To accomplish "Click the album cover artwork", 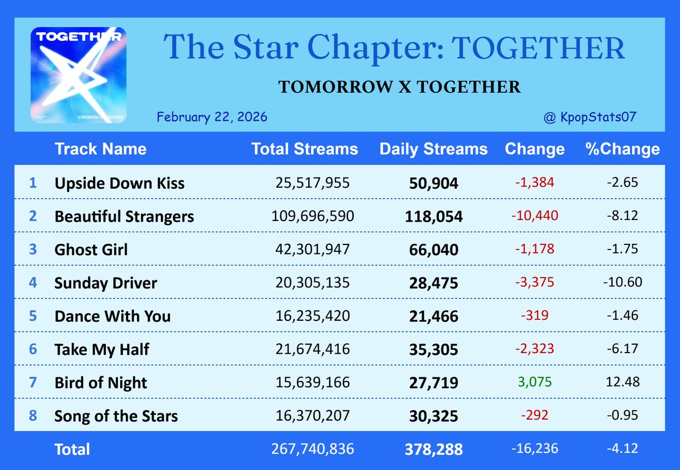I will [x=78, y=74].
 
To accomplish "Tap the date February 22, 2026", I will [x=212, y=117].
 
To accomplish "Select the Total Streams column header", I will [x=304, y=149].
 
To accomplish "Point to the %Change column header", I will [x=622, y=149].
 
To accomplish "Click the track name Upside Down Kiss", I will [x=119, y=183].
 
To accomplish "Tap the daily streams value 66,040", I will [x=433, y=249].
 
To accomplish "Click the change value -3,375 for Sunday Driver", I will [x=534, y=282].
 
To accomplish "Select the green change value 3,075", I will [x=534, y=382].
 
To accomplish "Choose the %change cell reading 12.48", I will [x=622, y=382].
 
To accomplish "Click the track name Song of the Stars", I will [x=116, y=416].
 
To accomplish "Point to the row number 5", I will [x=33, y=315].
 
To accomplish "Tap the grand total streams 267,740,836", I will [x=313, y=450].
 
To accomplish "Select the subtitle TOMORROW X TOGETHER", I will [x=399, y=87].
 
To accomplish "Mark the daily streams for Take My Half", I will [x=433, y=350].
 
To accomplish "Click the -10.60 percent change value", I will [x=622, y=282].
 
